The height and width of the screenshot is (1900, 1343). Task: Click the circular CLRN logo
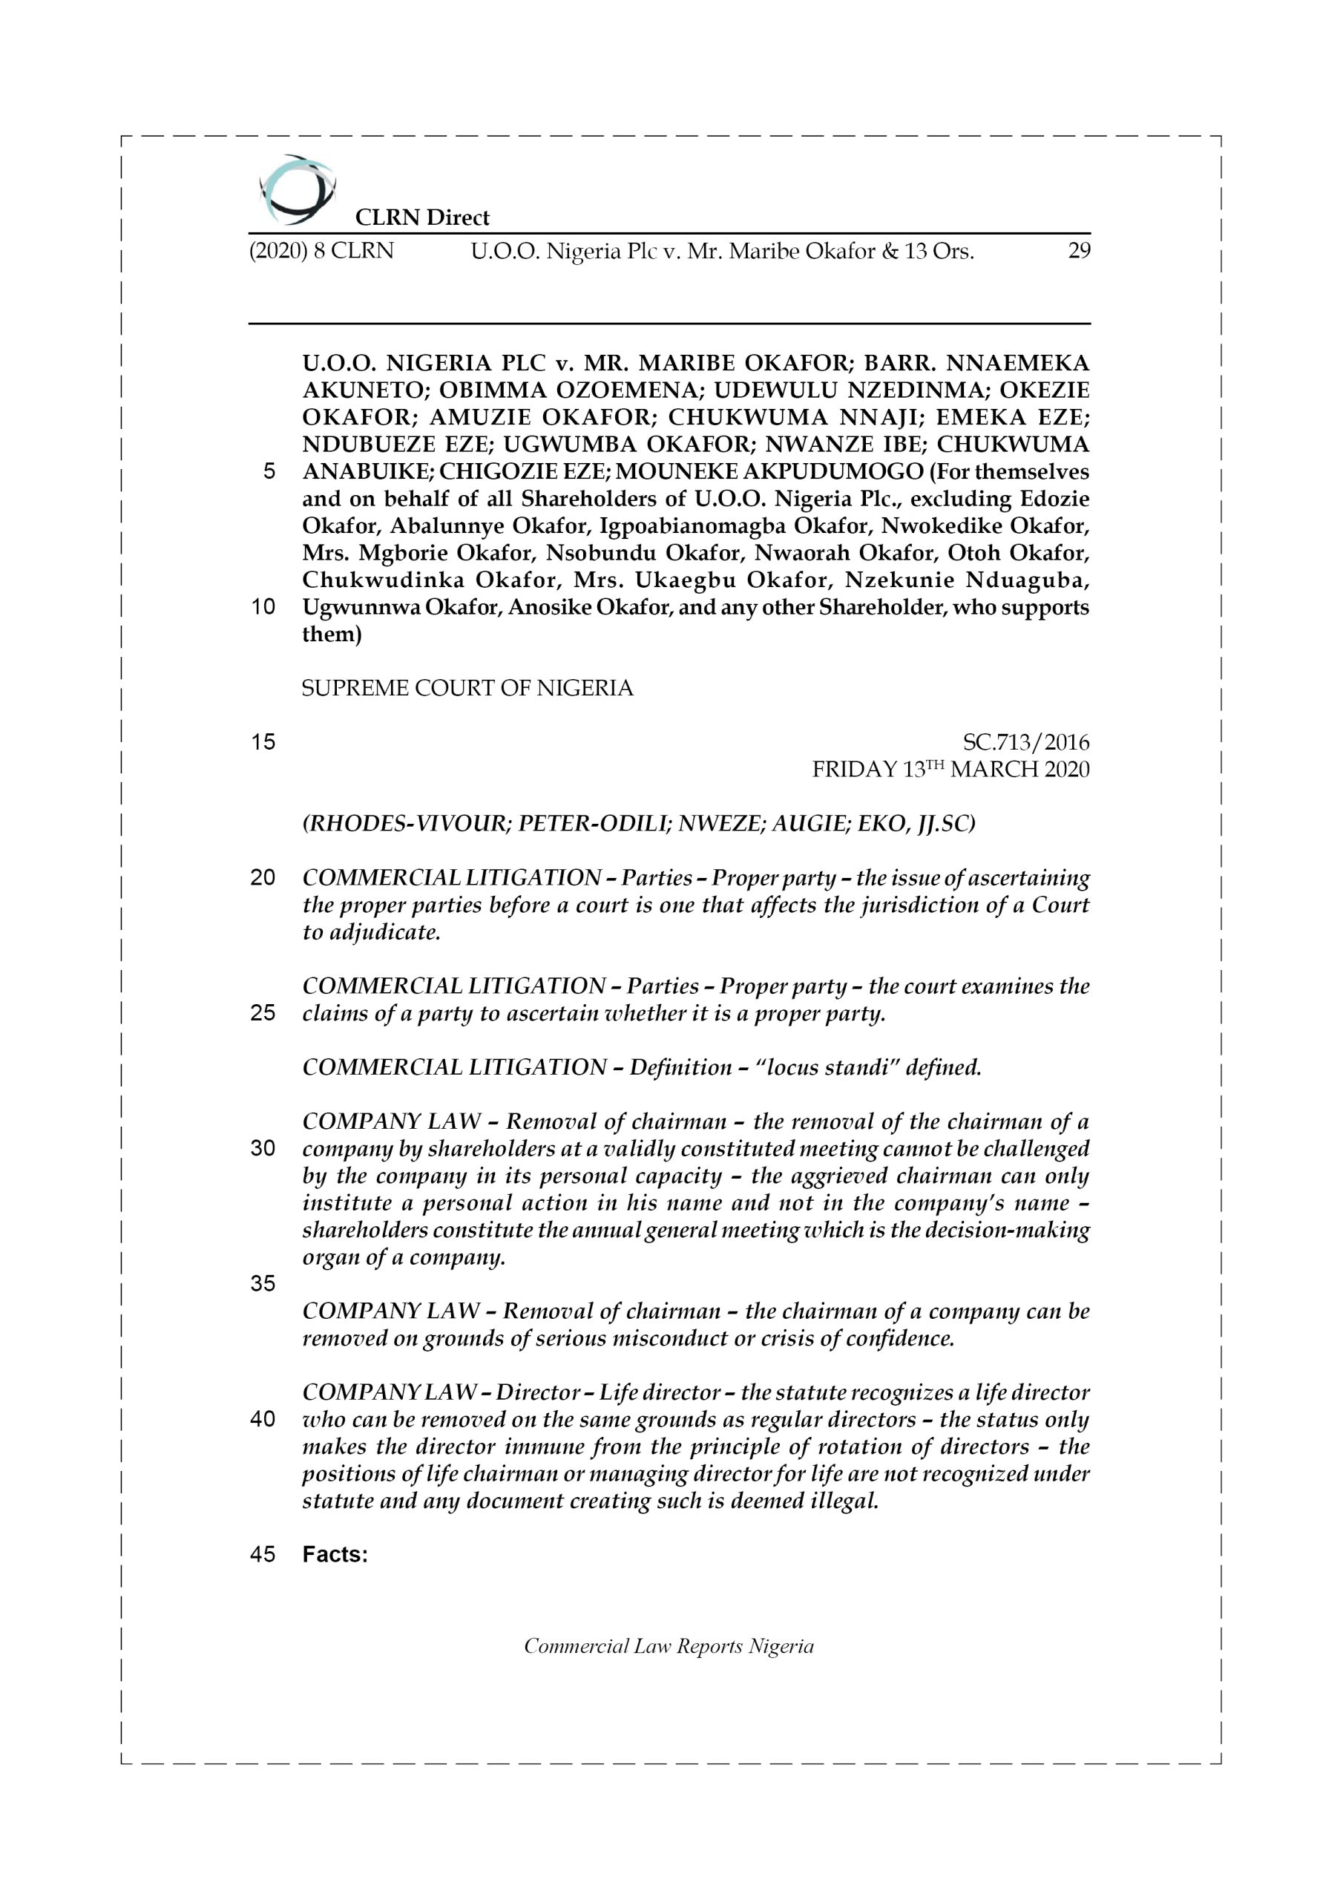(x=296, y=190)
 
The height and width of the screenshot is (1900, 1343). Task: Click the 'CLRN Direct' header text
(x=422, y=217)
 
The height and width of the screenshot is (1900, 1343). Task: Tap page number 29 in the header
(x=1079, y=251)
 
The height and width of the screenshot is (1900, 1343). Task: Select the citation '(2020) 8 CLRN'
(x=321, y=251)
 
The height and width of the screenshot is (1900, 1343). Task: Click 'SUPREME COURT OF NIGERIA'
(x=467, y=689)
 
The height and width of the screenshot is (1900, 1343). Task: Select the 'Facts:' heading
(x=335, y=1554)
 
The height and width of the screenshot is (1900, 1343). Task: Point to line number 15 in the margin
(x=263, y=742)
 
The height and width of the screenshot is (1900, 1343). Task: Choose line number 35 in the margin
(x=263, y=1283)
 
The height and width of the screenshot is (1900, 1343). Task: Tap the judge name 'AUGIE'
(x=803, y=825)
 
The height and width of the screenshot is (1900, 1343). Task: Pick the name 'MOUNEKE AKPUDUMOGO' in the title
(x=769, y=472)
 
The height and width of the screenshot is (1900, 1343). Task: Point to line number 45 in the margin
(x=263, y=1554)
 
